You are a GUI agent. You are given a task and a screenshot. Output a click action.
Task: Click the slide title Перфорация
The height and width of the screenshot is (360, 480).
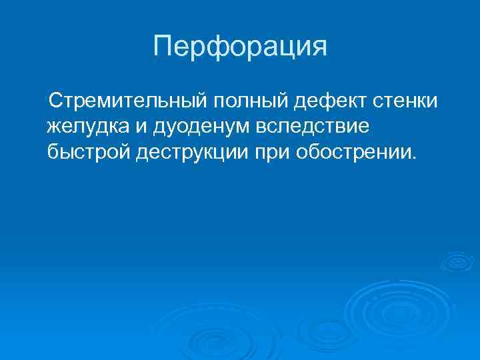click(240, 47)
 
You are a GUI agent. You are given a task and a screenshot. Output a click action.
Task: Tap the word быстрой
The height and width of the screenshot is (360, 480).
click(89, 152)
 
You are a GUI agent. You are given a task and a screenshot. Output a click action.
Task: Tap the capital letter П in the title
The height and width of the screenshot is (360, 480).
click(163, 47)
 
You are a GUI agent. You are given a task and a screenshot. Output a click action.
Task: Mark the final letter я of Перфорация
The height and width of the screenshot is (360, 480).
click(319, 47)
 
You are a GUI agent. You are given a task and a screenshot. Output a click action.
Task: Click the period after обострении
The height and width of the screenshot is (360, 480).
click(414, 159)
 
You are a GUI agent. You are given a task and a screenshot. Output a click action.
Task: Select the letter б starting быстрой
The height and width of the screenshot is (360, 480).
click(53, 152)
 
